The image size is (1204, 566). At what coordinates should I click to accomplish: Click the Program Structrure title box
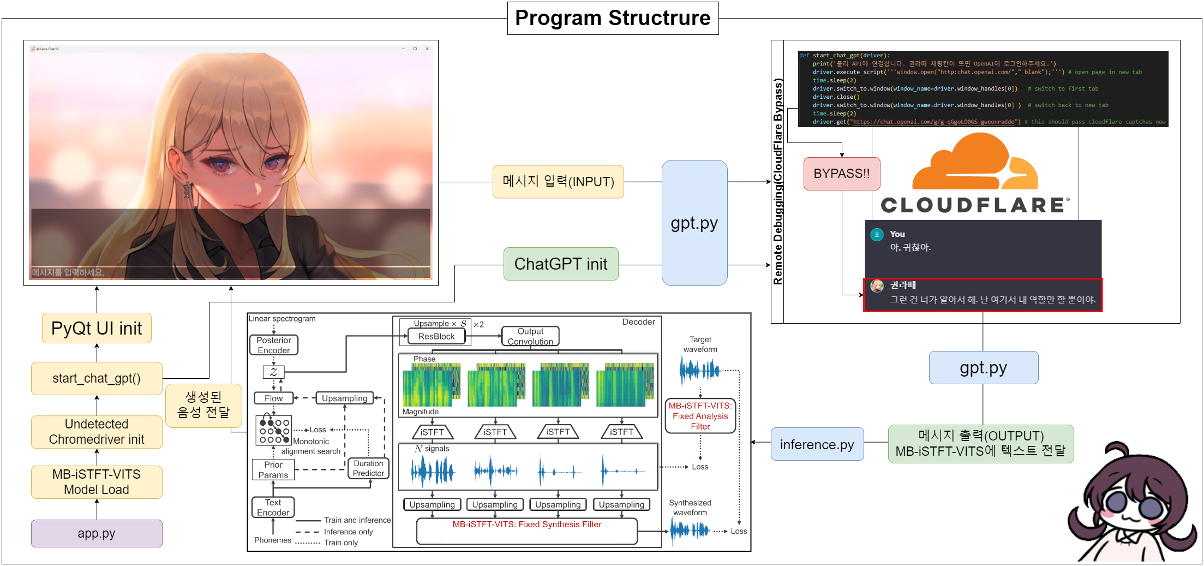click(x=613, y=18)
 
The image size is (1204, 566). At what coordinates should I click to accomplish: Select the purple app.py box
click(x=97, y=533)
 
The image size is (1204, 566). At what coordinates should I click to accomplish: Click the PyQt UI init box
click(x=97, y=328)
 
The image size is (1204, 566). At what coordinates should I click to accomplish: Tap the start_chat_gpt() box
click(x=97, y=378)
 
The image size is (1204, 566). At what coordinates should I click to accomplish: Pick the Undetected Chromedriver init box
click(x=97, y=432)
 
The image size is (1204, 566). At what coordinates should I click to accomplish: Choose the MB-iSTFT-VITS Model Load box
click(x=97, y=482)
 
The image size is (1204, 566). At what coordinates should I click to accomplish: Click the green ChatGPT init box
click(x=560, y=264)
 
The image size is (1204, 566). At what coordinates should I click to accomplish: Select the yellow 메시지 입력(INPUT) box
click(x=558, y=182)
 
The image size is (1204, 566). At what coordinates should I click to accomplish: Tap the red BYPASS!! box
click(x=841, y=174)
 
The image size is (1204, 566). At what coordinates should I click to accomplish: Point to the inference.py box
click(x=817, y=444)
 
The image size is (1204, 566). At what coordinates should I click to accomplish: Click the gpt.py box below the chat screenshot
click(x=983, y=368)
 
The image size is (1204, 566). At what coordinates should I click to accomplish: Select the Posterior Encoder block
click(x=274, y=345)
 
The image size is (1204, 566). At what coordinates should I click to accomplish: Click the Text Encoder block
click(x=273, y=507)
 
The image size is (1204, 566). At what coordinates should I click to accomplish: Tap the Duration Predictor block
click(x=368, y=468)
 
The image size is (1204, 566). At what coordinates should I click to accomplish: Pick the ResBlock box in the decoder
click(x=436, y=336)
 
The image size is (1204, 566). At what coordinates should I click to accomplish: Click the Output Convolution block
click(x=530, y=336)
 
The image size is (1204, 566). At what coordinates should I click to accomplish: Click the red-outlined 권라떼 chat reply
click(x=983, y=295)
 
